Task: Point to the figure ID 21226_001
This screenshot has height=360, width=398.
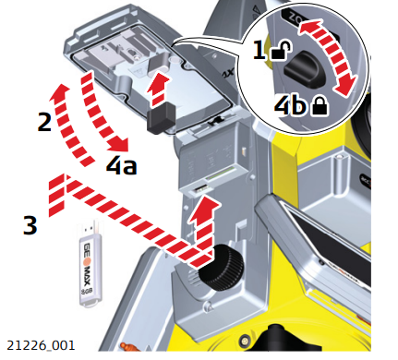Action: point(39,345)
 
